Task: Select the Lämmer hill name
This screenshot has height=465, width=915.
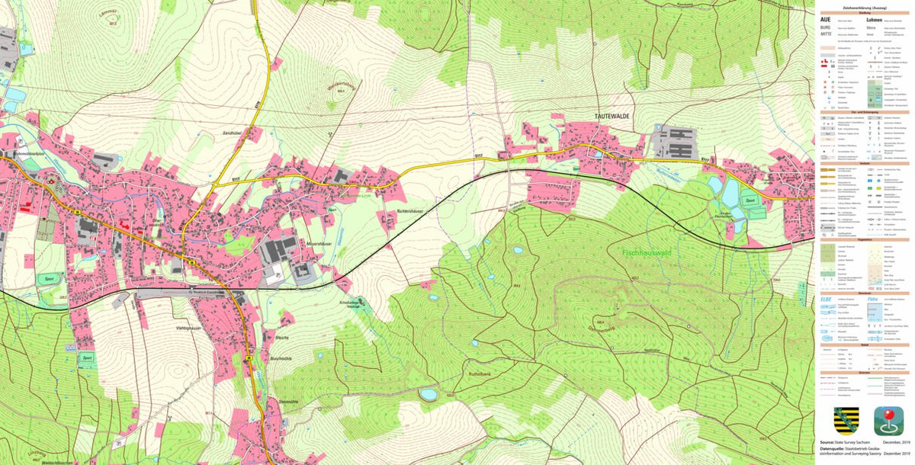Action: tap(107, 14)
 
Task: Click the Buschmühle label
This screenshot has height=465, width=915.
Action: tap(281, 358)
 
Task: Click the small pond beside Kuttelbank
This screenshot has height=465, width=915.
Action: tap(429, 394)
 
